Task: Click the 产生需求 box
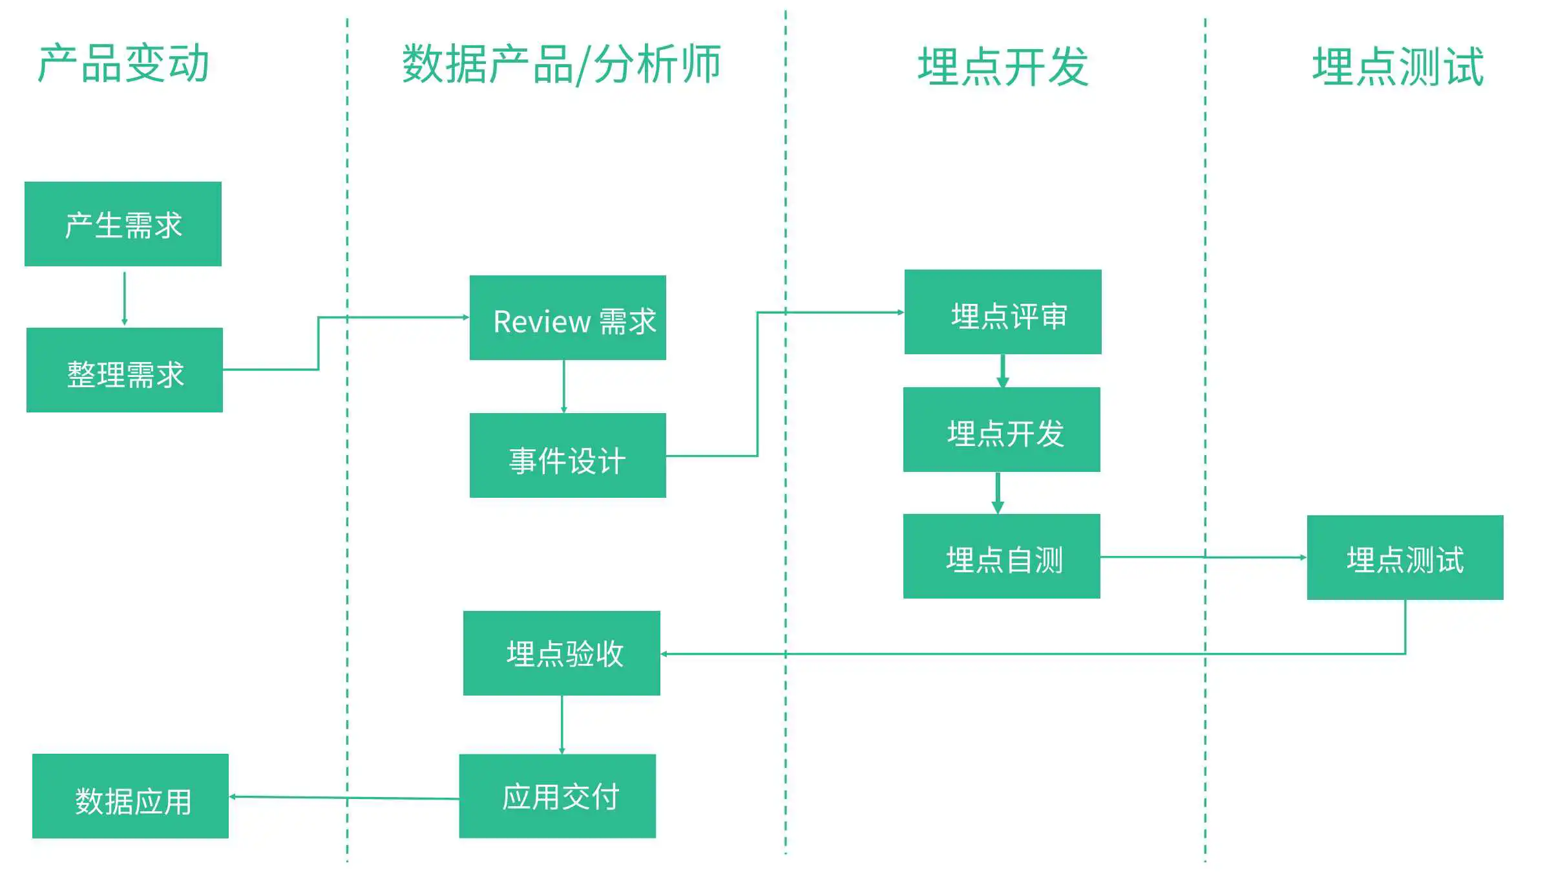coord(123,224)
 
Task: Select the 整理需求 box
coord(125,370)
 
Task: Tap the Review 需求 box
coord(568,317)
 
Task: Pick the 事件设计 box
coord(568,455)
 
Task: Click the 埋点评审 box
coord(1003,312)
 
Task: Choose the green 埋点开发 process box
coord(1002,429)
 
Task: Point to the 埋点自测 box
coord(1002,556)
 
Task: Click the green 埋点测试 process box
coord(1405,557)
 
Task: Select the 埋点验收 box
coord(562,653)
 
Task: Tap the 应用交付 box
coord(558,796)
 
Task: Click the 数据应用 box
coord(131,796)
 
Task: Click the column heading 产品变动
coord(123,64)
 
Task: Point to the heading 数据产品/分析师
coord(561,65)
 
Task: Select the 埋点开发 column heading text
coord(1003,67)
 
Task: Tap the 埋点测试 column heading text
coord(1398,67)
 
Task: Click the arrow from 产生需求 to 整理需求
coord(125,299)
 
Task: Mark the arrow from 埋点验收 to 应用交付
coord(562,725)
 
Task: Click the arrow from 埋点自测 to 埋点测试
coord(1204,557)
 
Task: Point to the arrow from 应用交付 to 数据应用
coord(344,798)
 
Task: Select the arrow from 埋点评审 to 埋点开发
coord(1003,371)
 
